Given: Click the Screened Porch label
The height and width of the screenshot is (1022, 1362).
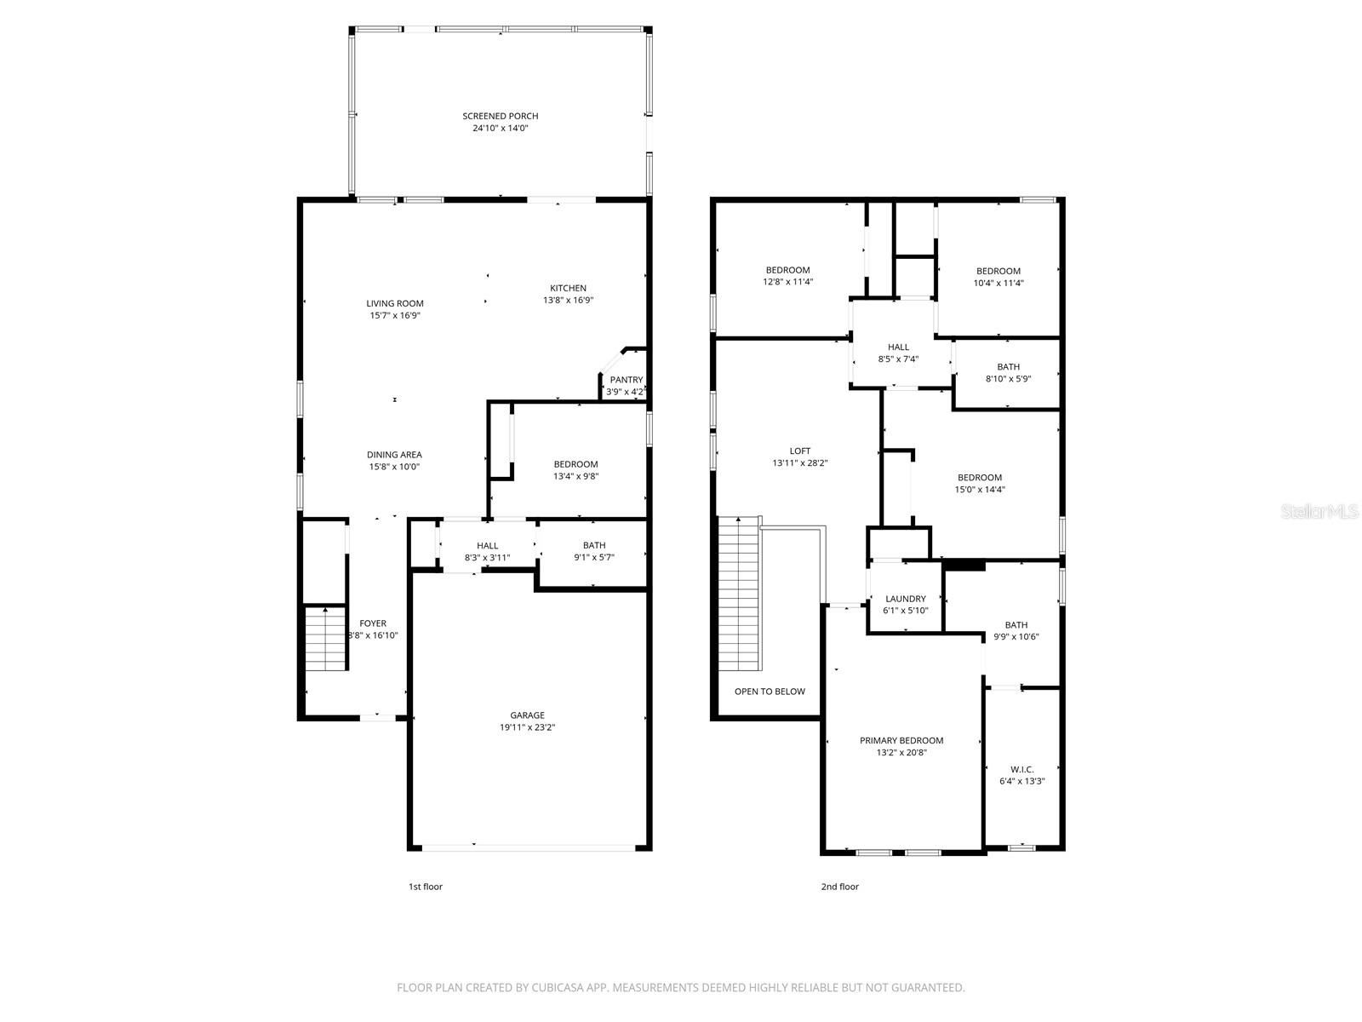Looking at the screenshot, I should click(500, 116).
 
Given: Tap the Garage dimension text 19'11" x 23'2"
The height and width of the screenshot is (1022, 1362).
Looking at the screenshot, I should click(527, 727).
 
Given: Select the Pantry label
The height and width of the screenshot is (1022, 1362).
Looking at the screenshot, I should click(627, 380).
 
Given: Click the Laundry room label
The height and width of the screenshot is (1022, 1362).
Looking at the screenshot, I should click(905, 599).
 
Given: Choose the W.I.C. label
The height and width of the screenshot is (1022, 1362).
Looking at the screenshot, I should click(1021, 769).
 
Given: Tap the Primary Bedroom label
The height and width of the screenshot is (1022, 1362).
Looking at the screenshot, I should click(901, 740).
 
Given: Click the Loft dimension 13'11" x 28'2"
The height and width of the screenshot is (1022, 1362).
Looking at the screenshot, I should click(799, 463).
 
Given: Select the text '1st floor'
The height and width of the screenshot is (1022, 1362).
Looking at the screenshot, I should click(425, 887).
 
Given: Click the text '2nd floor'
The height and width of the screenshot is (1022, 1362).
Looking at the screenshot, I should click(839, 887).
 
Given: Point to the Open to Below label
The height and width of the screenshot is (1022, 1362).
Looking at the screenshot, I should click(770, 692).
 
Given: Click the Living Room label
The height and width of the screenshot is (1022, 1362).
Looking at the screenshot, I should click(395, 303).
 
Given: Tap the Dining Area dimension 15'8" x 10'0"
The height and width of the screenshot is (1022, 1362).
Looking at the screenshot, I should click(394, 467).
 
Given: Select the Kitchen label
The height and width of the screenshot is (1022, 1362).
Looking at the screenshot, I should click(568, 288).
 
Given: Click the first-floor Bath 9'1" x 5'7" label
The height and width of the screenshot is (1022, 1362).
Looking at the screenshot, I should click(594, 545).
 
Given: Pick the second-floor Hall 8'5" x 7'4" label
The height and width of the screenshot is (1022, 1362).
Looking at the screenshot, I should click(898, 347).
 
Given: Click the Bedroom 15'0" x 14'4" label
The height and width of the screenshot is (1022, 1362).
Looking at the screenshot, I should click(979, 478).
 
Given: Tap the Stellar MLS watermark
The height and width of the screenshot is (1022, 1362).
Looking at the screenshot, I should click(1319, 512).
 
